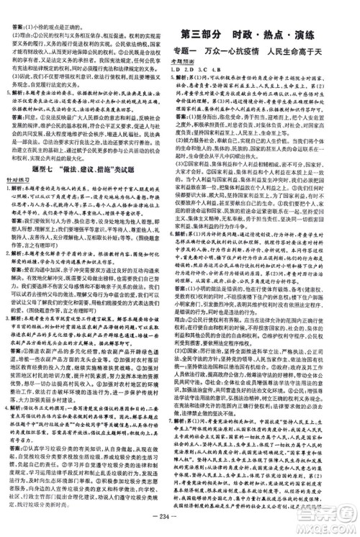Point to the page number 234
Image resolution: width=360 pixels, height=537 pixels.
[x=180, y=525]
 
